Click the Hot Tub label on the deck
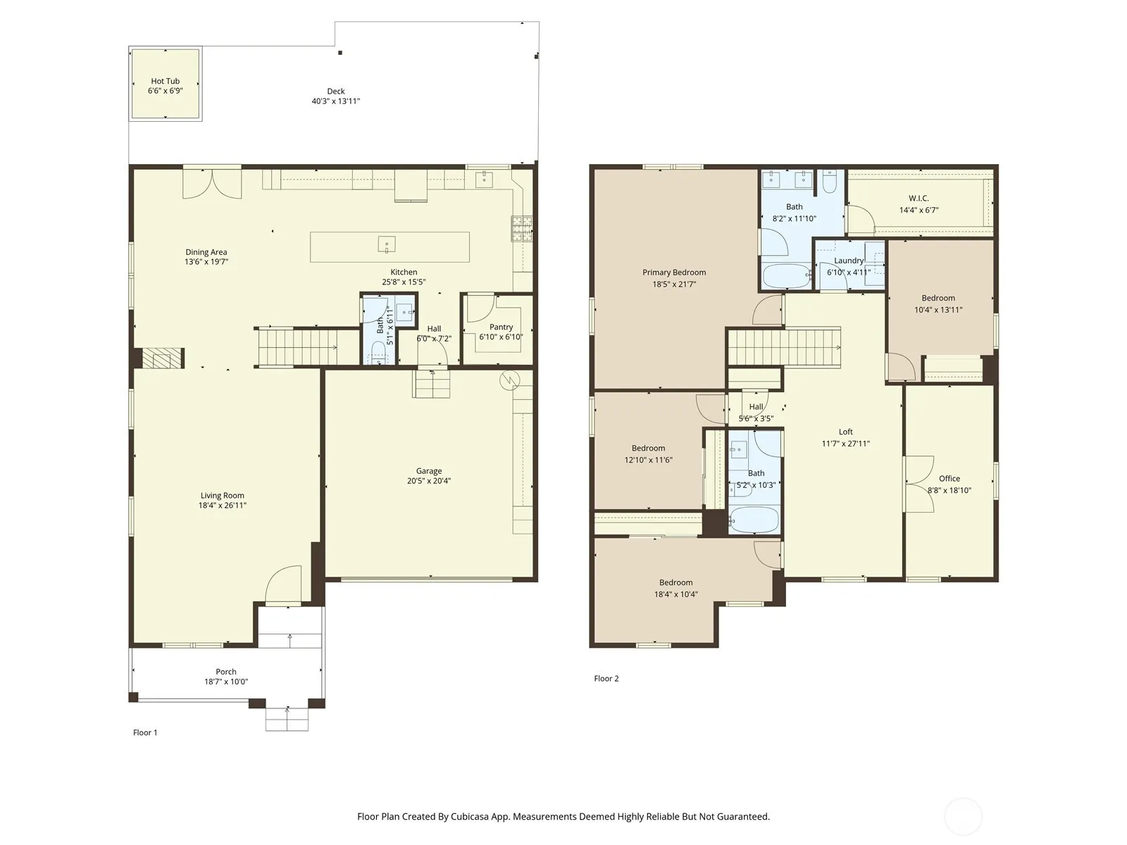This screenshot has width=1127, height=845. click(166, 81)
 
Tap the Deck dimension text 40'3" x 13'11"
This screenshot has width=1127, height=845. click(336, 101)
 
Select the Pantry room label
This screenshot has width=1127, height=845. click(501, 327)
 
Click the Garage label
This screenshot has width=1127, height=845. click(429, 470)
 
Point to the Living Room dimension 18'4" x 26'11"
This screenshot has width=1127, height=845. click(223, 506)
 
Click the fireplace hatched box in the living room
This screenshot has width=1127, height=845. click(163, 358)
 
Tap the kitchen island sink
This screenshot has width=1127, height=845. click(386, 244)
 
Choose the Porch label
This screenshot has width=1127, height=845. click(226, 672)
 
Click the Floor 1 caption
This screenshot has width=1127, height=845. click(145, 732)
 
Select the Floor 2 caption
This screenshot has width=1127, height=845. click(606, 678)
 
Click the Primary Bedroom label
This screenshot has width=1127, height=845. click(674, 273)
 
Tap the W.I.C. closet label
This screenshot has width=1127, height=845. click(919, 198)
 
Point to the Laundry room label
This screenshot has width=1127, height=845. click(848, 261)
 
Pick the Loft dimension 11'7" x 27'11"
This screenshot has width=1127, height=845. click(846, 444)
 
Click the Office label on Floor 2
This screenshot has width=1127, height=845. click(949, 478)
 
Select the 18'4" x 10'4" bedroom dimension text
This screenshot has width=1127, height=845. click(675, 594)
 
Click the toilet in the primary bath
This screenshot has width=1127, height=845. click(830, 182)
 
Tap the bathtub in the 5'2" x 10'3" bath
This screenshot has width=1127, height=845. click(754, 520)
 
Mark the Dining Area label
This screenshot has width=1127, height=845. click(206, 252)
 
